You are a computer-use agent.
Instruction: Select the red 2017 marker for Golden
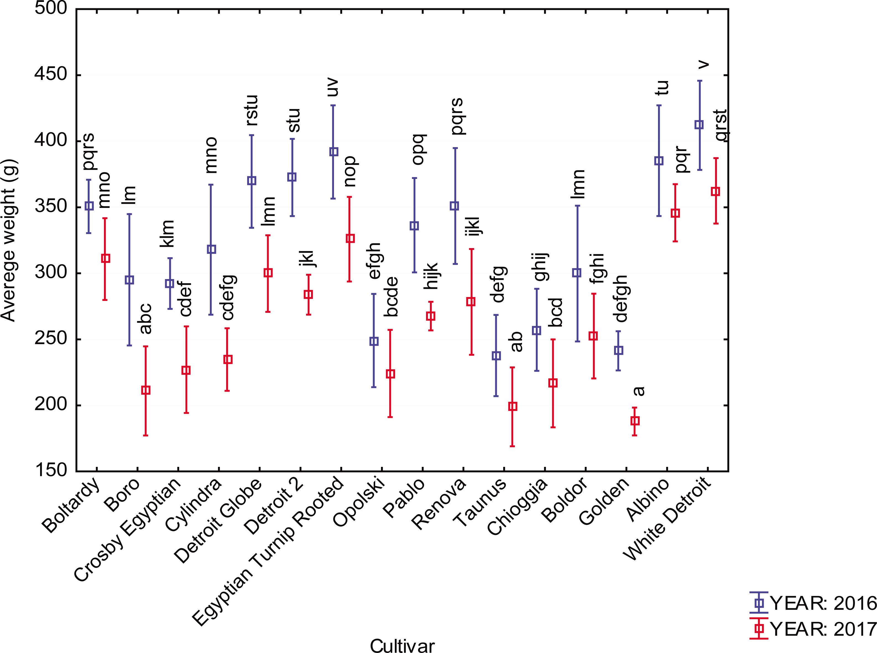tap(635, 421)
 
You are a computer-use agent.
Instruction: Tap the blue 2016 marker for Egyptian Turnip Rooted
tap(334, 152)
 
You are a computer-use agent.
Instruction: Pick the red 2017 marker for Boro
tap(146, 390)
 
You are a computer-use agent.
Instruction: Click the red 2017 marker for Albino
tap(675, 214)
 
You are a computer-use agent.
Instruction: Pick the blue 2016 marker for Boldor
tap(577, 273)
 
